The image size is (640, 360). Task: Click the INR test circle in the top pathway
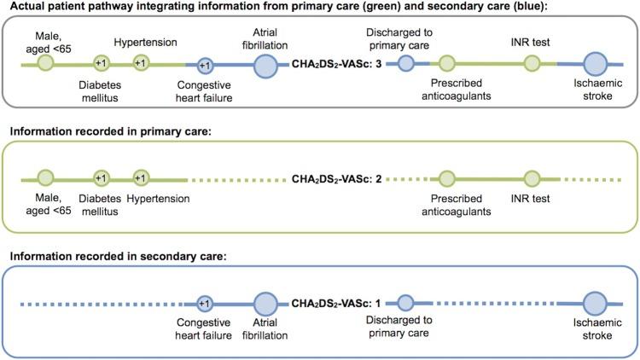tap(532, 63)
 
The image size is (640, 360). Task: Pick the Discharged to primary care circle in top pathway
tap(406, 63)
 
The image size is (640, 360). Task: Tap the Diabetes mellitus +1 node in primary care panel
tap(101, 178)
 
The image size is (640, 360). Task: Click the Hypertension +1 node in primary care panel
tap(142, 178)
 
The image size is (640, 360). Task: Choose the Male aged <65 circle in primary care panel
tap(46, 178)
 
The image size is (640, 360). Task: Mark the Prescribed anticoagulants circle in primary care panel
tap(446, 179)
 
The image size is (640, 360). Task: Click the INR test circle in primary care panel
tap(532, 179)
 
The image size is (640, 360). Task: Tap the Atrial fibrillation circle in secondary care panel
tap(265, 302)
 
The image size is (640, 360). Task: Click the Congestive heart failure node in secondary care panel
tap(204, 302)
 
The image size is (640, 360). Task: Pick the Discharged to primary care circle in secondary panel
tap(406, 302)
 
